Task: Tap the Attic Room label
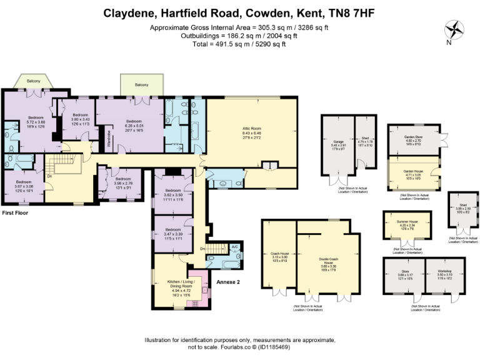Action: click(251, 127)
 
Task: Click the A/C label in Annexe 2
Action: click(234, 247)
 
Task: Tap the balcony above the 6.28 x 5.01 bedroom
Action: click(142, 85)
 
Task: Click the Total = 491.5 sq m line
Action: click(240, 44)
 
